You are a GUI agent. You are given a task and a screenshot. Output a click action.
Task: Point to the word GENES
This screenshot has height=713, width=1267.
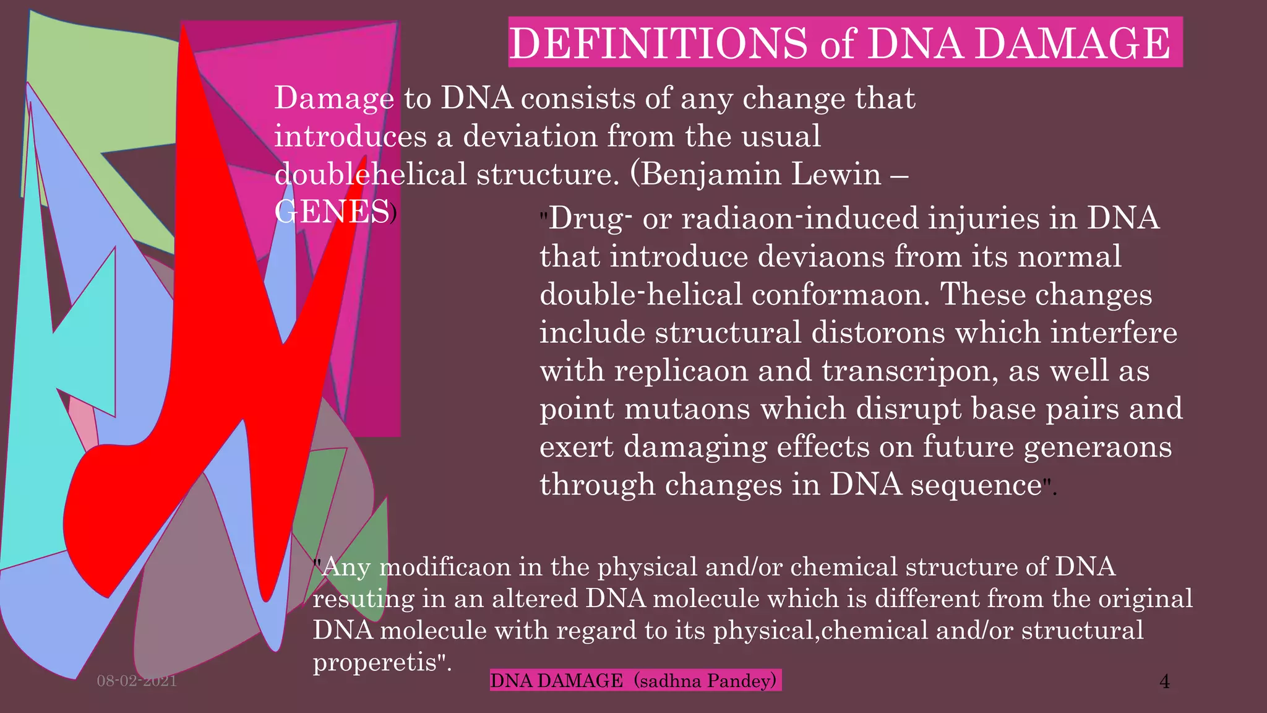pyautogui.click(x=332, y=212)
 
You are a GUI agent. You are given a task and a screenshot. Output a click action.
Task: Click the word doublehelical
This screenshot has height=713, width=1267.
pyautogui.click(x=370, y=174)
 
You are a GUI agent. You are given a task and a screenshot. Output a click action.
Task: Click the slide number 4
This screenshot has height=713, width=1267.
pyautogui.click(x=1164, y=681)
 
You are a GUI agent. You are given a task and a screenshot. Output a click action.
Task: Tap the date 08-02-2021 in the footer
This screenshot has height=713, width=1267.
pyautogui.click(x=137, y=681)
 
